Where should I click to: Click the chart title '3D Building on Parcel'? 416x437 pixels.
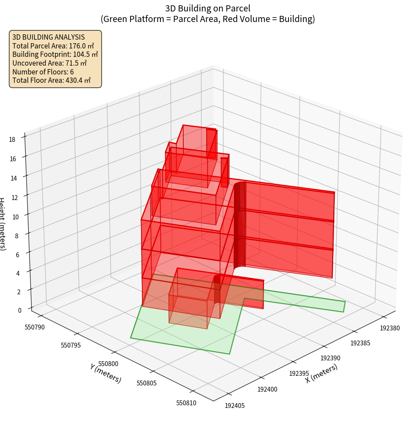pyautogui.click(x=208, y=8)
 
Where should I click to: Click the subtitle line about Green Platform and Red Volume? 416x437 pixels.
pyautogui.click(x=208, y=19)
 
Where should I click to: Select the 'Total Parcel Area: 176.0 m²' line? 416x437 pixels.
pyautogui.click(x=53, y=46)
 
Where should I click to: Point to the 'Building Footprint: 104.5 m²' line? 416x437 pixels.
pyautogui.click(x=55, y=54)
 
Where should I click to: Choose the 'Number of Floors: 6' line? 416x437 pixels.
pyautogui.click(x=43, y=71)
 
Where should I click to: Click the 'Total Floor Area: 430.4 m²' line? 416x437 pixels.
pyautogui.click(x=52, y=80)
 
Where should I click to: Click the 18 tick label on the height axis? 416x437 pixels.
pyautogui.click(x=12, y=140)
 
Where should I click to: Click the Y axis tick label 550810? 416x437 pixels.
pyautogui.click(x=186, y=403)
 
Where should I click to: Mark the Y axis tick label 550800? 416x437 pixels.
pyautogui.click(x=108, y=363)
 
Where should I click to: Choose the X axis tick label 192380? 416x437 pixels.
pyautogui.click(x=390, y=328)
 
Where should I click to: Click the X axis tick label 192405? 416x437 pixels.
pyautogui.click(x=235, y=405)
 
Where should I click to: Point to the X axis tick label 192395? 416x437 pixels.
pyautogui.click(x=299, y=374)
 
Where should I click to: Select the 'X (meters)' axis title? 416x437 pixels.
pyautogui.click(x=322, y=373)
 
